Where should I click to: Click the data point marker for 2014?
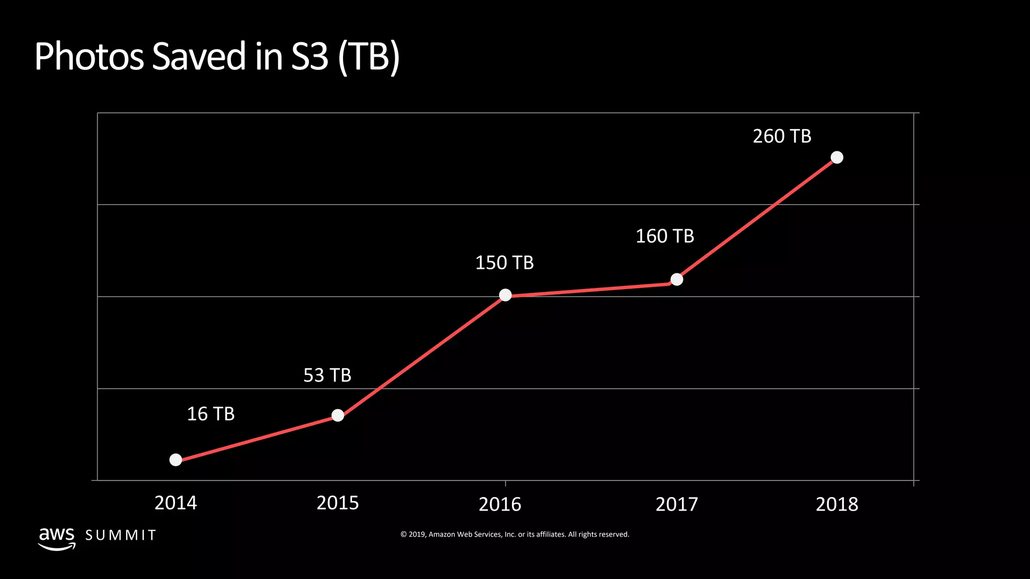click(x=176, y=460)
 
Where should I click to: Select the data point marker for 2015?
click(x=338, y=416)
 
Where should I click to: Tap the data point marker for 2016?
click(x=505, y=295)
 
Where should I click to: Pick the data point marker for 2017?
click(x=677, y=279)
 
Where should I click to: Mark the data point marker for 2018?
click(x=837, y=158)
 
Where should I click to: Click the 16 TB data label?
click(x=211, y=414)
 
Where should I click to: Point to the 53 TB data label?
click(x=327, y=375)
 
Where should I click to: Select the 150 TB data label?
click(x=504, y=263)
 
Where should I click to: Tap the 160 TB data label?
click(x=665, y=236)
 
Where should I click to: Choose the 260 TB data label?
click(x=782, y=136)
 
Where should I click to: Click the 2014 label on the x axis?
click(x=176, y=503)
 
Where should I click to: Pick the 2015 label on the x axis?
click(x=337, y=503)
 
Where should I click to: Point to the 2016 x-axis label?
click(x=500, y=504)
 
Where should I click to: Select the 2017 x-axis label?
click(x=677, y=504)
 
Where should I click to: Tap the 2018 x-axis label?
click(x=837, y=504)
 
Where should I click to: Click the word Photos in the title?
click(x=90, y=56)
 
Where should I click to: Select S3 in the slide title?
click(x=309, y=56)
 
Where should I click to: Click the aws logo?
click(x=57, y=538)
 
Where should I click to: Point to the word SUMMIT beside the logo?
click(x=121, y=535)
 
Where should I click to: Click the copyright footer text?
click(x=514, y=534)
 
